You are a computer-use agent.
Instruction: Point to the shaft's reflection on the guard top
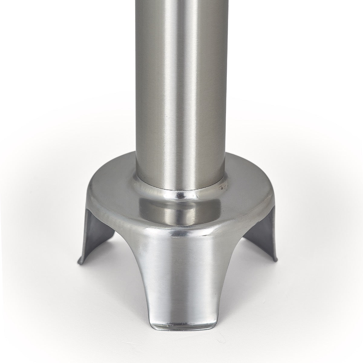[181, 209]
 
